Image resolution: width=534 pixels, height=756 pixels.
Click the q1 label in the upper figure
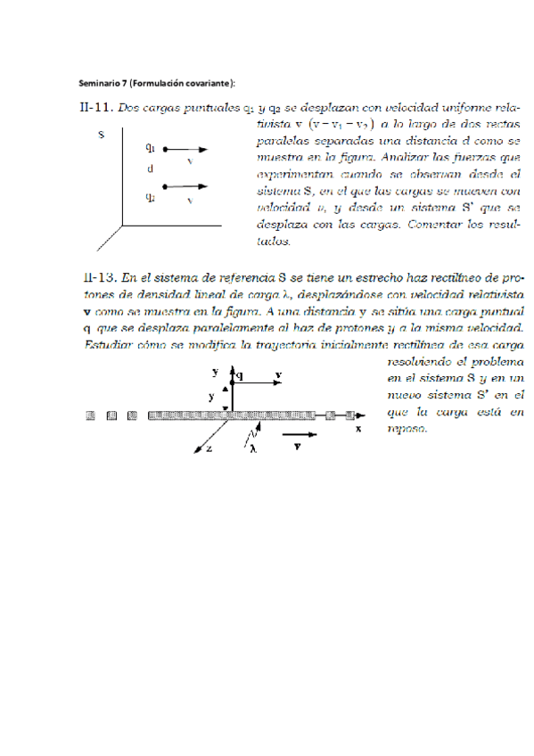click(152, 147)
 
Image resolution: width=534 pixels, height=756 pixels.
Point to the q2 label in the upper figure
click(152, 195)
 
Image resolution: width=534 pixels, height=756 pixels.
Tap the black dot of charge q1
click(167, 149)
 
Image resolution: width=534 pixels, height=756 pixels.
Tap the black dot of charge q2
click(167, 187)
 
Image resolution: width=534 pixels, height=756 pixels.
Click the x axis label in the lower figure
click(358, 429)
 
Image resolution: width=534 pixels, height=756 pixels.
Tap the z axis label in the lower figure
click(208, 450)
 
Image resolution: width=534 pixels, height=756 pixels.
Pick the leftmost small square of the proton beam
click(90, 415)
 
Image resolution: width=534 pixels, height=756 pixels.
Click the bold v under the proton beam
click(296, 442)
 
